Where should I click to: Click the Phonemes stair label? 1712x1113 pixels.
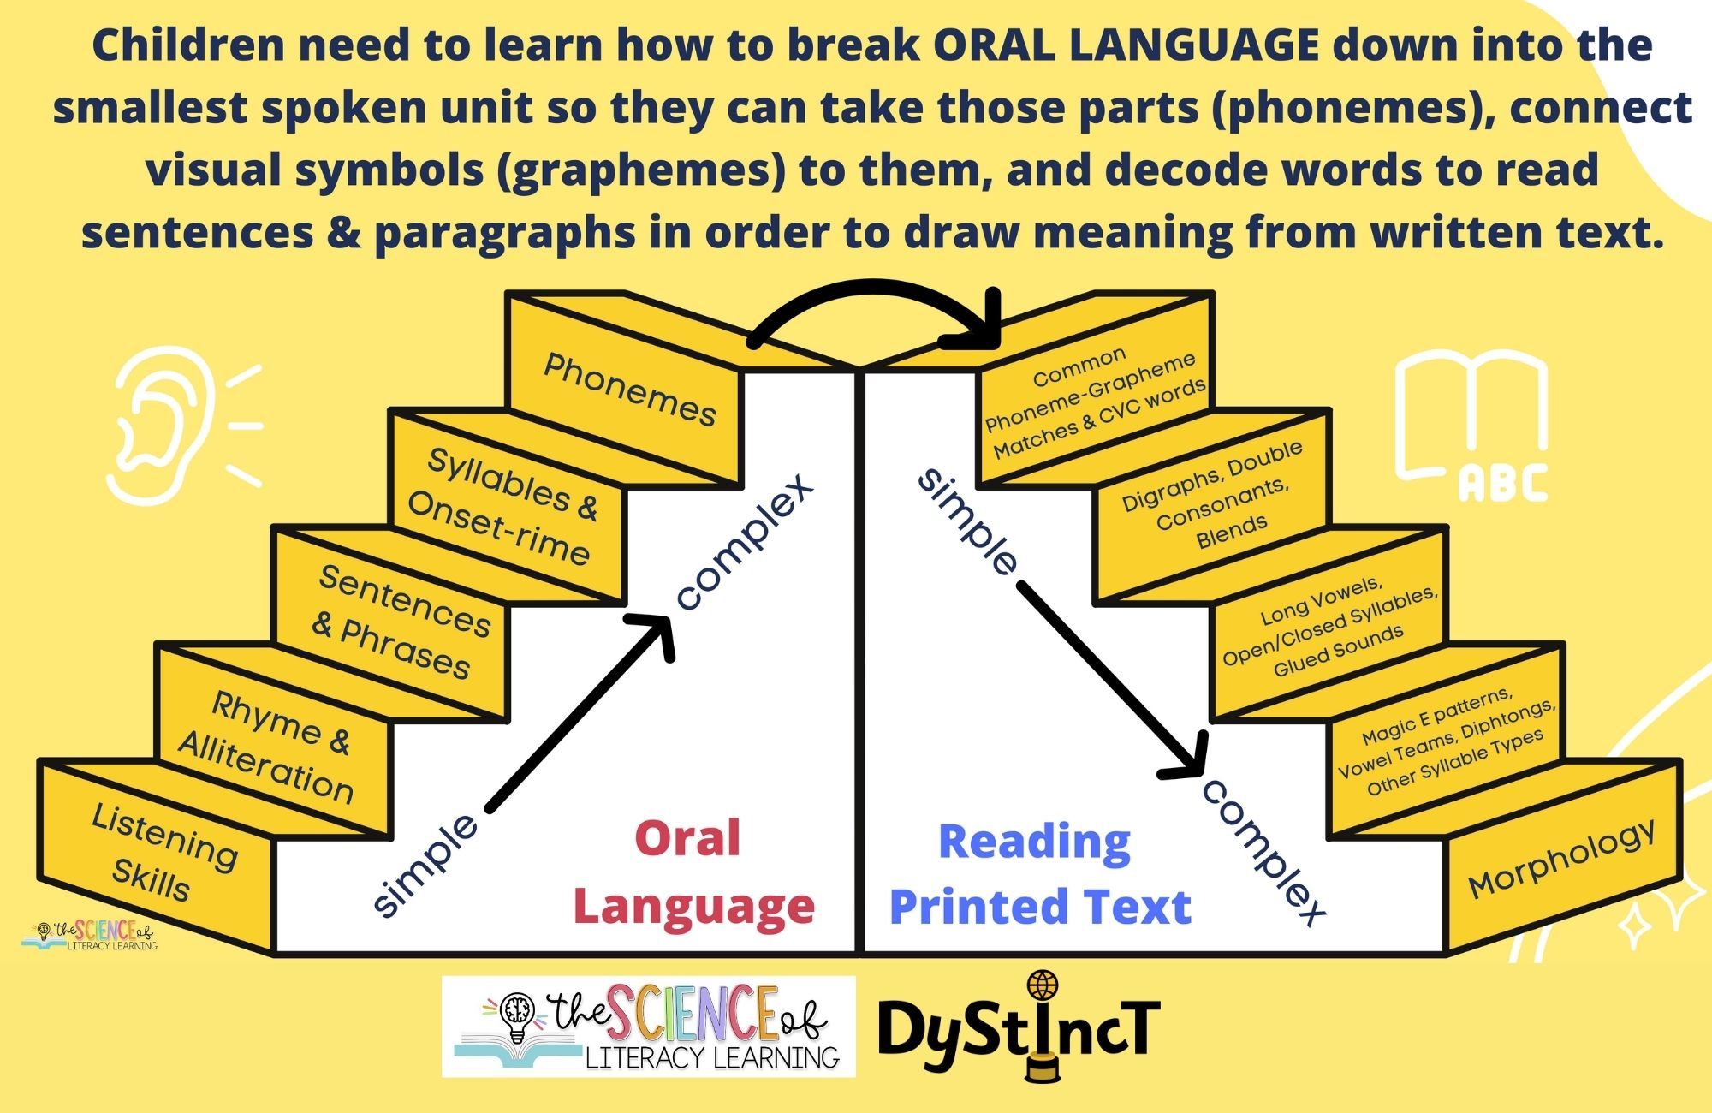tap(630, 390)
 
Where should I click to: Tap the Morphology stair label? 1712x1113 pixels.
tap(1561, 859)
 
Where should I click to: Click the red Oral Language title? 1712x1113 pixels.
tap(693, 872)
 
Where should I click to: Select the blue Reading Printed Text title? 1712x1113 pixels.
tap(1039, 873)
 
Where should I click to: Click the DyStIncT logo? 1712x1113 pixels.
tap(1019, 1027)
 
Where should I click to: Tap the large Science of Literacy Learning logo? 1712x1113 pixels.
tap(649, 1026)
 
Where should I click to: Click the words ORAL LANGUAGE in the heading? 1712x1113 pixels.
tap(1126, 45)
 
